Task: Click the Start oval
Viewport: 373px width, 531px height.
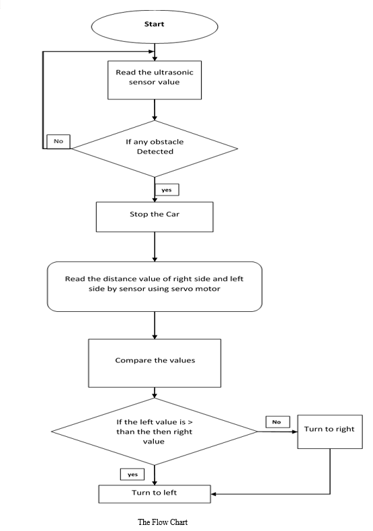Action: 155,26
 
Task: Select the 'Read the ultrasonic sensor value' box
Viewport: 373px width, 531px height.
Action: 155,80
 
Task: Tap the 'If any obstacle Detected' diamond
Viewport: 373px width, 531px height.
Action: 155,149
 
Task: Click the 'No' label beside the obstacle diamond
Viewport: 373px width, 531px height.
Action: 58,141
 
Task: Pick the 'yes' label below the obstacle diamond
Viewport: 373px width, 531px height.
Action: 167,190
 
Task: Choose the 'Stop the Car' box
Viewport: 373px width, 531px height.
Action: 155,217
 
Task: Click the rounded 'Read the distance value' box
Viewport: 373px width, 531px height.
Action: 155,286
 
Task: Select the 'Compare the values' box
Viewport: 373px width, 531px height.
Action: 155,363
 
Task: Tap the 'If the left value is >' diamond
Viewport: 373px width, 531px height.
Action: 155,432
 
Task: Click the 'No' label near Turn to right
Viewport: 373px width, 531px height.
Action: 278,422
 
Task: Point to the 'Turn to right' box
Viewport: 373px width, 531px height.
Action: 330,432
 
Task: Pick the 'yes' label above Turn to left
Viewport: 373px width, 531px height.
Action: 132,474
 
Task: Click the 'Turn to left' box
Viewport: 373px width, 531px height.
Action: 155,494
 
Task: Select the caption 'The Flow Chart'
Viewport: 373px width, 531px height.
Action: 163,522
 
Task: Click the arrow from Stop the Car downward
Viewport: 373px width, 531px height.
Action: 155,247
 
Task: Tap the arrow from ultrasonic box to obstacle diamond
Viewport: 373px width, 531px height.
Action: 155,110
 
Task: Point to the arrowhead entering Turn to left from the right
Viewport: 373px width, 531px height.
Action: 213,494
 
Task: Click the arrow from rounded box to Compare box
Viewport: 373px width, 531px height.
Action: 155,325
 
